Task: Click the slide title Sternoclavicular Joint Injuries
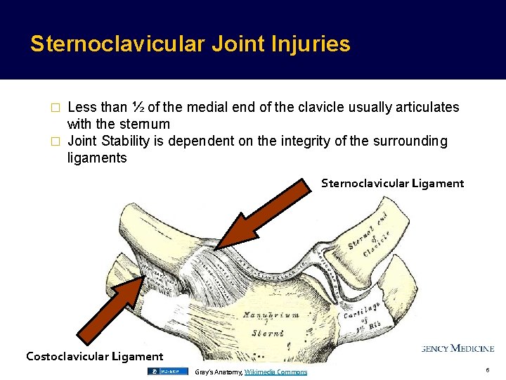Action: coord(190,44)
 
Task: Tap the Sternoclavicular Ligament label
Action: coord(392,184)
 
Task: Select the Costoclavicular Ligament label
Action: coord(94,356)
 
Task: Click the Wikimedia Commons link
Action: coord(275,372)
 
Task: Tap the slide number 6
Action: coord(487,370)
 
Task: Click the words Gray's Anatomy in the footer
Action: coord(218,372)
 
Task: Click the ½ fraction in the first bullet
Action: coord(138,108)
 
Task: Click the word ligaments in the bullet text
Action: coord(97,158)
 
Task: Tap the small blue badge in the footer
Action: coord(167,371)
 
